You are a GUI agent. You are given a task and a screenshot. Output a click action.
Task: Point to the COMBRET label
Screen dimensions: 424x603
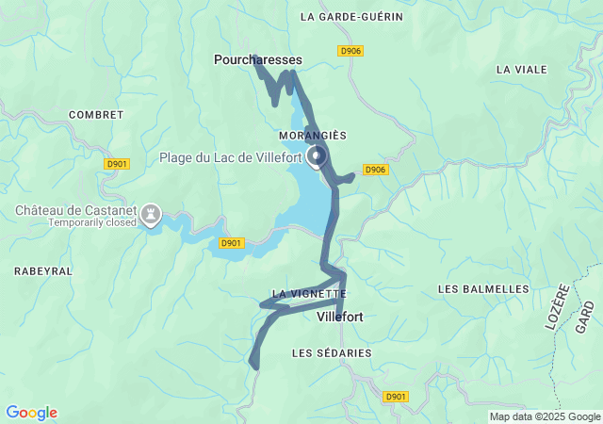96,115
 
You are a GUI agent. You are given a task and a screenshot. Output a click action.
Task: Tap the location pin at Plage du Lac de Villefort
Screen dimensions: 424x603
317,155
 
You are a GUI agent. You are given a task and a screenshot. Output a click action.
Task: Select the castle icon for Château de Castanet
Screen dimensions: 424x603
149,216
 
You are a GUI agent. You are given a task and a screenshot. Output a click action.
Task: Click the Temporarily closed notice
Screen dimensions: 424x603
81,222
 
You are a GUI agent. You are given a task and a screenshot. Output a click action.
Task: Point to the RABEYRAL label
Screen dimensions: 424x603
43,270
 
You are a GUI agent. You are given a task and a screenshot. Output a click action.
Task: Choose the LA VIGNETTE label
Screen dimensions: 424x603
309,294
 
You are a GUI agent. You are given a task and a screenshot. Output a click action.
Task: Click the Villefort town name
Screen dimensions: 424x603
340,318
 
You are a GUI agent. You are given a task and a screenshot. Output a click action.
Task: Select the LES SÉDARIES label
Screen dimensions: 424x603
332,352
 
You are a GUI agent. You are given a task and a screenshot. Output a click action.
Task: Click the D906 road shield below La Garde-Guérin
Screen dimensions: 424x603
350,51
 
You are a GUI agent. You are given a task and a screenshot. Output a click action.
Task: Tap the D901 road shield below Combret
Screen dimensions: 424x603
117,164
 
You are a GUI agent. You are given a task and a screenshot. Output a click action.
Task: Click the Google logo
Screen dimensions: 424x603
31,413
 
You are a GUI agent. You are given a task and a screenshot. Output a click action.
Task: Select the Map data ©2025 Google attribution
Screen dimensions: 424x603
545,416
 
